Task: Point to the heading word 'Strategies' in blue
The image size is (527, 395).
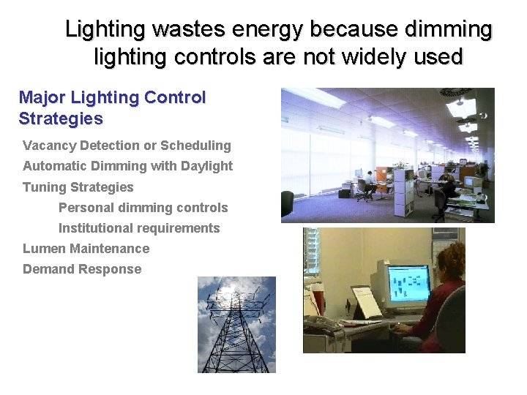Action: [61, 118]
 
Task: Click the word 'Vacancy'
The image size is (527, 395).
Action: [49, 146]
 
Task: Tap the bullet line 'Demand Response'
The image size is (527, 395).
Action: [82, 268]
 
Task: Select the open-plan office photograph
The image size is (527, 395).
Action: [387, 155]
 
